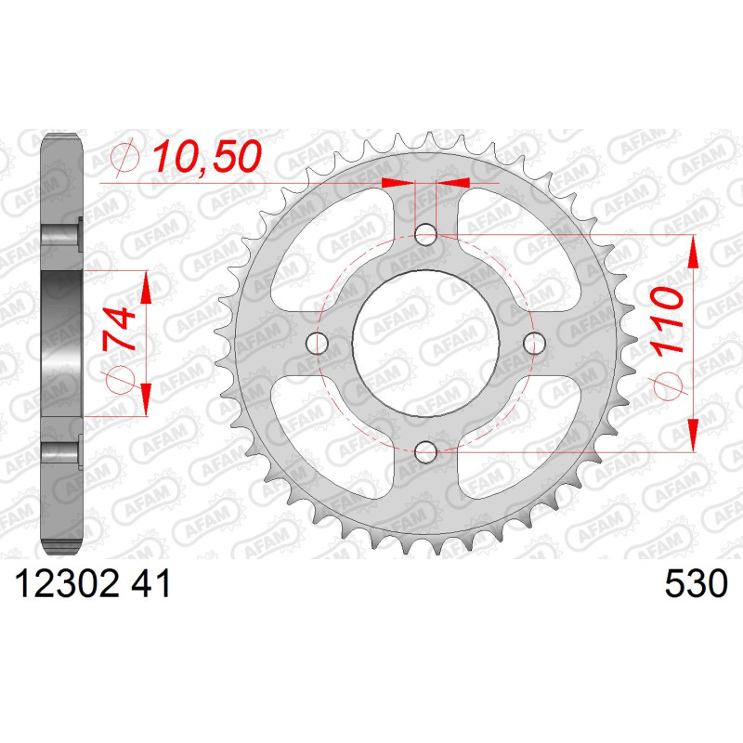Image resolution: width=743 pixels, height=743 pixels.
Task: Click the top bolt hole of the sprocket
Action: (425, 234)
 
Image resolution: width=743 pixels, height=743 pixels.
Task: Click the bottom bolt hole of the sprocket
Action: (425, 452)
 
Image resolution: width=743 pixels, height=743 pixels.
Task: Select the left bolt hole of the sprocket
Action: (317, 343)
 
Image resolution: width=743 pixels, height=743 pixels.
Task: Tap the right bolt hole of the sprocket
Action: (535, 343)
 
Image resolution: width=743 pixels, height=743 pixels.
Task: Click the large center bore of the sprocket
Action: (425, 343)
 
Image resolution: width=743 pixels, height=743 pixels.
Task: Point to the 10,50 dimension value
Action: (207, 156)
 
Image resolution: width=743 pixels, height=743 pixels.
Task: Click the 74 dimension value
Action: (119, 329)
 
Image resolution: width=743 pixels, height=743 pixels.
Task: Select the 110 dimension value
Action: (667, 320)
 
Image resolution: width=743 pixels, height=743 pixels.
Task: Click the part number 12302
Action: (67, 584)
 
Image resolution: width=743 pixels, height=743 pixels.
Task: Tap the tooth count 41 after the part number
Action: (150, 584)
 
